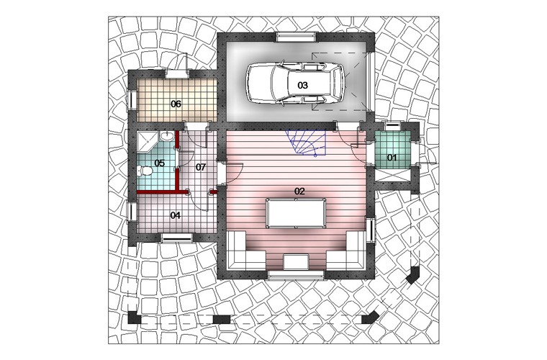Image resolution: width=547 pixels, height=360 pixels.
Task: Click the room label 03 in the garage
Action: (x=302, y=85)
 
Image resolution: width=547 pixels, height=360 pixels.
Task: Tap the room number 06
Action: (x=176, y=104)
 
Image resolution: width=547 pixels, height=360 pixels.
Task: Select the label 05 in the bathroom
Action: (x=160, y=163)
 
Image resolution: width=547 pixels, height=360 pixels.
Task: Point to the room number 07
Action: (x=201, y=167)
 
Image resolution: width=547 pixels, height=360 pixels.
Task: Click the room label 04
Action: (x=175, y=215)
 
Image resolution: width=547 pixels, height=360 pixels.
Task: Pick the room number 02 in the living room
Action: (x=299, y=192)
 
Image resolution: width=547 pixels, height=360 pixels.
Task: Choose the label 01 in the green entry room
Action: (x=392, y=158)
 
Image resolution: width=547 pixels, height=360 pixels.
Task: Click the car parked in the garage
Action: (x=296, y=84)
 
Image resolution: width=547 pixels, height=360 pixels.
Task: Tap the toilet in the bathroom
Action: (x=145, y=171)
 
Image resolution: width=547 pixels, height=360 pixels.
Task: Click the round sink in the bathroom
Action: (x=168, y=136)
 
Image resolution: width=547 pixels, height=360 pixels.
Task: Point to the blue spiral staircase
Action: (x=307, y=143)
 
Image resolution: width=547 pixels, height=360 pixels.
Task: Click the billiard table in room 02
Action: (x=296, y=213)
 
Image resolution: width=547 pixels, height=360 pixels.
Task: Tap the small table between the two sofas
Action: (x=296, y=262)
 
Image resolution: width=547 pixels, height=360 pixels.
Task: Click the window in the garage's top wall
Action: (x=297, y=37)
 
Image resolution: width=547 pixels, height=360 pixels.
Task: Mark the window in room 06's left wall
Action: (x=132, y=100)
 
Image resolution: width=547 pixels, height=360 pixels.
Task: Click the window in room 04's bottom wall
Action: (x=177, y=238)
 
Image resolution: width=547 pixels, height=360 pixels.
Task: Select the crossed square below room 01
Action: (x=392, y=176)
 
